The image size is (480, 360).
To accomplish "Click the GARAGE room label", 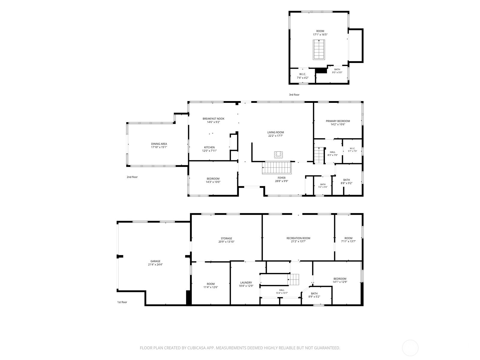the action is click(155, 261).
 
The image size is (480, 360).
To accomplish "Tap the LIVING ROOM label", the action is click(275, 132).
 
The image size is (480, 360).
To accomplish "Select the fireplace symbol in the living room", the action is click(278, 155).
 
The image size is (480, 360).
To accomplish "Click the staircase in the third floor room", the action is click(319, 49).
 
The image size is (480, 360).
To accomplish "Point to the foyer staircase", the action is click(277, 168).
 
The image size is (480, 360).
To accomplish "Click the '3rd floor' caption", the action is click(294, 94).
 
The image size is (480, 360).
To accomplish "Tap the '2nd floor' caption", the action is click(132, 177).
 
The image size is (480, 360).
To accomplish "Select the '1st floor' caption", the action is click(122, 302).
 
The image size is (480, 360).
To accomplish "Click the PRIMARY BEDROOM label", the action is click(338, 121).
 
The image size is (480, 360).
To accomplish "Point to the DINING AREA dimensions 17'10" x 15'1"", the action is click(159, 147).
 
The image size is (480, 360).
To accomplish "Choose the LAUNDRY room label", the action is click(246, 283).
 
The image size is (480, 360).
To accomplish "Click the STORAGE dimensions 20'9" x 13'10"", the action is click(226, 242).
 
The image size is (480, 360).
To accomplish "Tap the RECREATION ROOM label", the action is click(298, 238).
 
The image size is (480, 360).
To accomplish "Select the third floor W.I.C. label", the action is click(303, 74).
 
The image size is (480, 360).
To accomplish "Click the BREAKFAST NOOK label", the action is click(213, 119).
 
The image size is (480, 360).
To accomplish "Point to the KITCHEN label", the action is click(209, 147).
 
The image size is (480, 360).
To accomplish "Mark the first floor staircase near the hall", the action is click(293, 280).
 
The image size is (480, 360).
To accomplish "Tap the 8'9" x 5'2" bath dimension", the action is click(314, 297).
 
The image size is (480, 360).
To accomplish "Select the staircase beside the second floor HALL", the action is click(319, 155).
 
